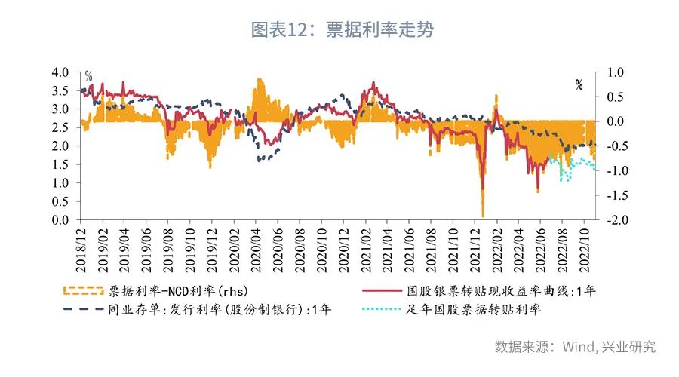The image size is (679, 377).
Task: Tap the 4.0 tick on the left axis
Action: point(60,72)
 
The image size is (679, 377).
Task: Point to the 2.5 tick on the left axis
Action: point(60,127)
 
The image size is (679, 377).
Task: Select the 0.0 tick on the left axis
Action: point(60,219)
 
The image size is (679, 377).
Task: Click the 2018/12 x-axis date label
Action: point(82,249)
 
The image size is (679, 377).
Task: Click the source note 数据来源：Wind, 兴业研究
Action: point(575,347)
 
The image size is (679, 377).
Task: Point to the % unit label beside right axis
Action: point(579,84)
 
